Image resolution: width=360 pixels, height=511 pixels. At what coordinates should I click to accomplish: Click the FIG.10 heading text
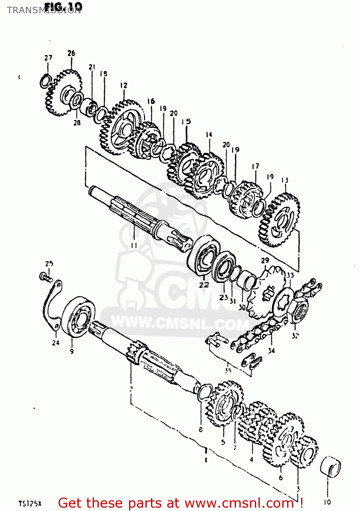pyautogui.click(x=63, y=6)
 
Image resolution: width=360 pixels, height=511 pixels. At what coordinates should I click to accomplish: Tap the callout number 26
pyautogui.click(x=71, y=53)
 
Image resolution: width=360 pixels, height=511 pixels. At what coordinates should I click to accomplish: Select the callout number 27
pyautogui.click(x=48, y=58)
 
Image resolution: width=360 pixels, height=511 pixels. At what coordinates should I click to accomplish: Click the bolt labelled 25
pyautogui.click(x=46, y=277)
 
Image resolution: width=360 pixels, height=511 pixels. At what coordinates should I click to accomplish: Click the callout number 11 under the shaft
pyautogui.click(x=134, y=245)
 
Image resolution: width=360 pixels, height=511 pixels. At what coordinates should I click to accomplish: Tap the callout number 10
pyautogui.click(x=327, y=502)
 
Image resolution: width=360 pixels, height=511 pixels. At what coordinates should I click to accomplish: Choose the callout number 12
pyautogui.click(x=124, y=85)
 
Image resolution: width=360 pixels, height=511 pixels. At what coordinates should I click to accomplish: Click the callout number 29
pyautogui.click(x=265, y=261)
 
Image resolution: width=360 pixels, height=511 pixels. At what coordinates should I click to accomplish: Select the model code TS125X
pyautogui.click(x=30, y=504)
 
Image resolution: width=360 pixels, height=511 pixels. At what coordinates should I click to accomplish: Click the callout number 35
pyautogui.click(x=228, y=370)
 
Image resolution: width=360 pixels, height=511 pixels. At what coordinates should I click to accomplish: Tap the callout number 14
pyautogui.click(x=209, y=135)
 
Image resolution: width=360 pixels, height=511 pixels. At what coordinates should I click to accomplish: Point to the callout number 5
pyautogui.click(x=223, y=442)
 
